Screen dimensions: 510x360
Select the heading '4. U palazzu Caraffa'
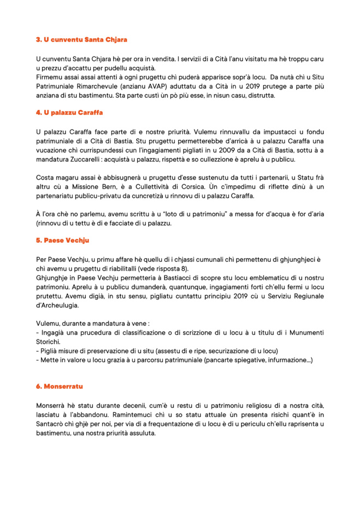click(69, 113)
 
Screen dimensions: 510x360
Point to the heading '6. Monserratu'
click(59, 386)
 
